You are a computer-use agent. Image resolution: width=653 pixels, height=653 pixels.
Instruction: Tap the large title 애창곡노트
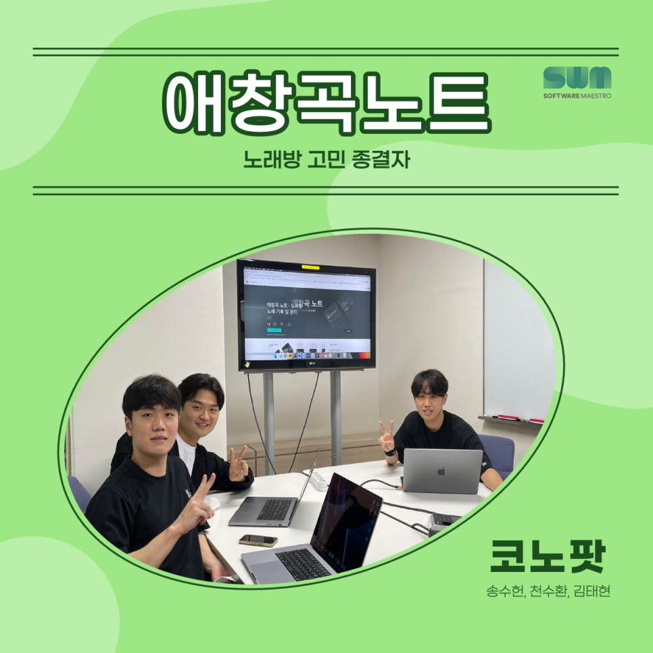pos(327,103)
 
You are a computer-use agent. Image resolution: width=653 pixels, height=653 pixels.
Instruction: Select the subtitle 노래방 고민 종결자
pos(326,162)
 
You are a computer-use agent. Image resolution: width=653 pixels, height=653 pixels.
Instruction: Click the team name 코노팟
pos(546,556)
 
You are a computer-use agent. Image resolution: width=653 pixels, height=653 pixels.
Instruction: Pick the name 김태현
pos(591,591)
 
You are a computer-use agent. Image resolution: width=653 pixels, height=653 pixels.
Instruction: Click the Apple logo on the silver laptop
pos(441,470)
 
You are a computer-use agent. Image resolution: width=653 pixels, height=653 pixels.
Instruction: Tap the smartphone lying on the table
pos(258,540)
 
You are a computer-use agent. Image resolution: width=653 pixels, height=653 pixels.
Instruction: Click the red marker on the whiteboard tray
pos(537,420)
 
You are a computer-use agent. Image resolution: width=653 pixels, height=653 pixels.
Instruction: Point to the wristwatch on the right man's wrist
pos(390,452)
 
